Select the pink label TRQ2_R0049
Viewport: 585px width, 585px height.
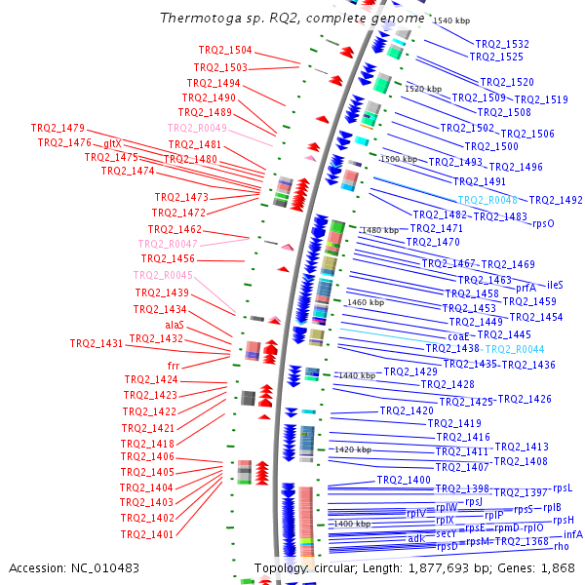[x=197, y=128]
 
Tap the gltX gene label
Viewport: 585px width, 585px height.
[x=112, y=143]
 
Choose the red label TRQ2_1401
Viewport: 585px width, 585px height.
[x=147, y=534]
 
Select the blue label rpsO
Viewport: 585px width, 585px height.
[x=543, y=223]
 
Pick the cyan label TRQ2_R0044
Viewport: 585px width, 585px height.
[x=514, y=349]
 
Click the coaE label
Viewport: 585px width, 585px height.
[x=459, y=336]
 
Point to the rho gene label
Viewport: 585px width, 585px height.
[x=561, y=547]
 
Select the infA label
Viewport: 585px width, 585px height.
[x=573, y=534]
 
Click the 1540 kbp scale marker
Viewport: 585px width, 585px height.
[x=451, y=20]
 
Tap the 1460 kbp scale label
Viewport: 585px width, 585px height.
[x=367, y=303]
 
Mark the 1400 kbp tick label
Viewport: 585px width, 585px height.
[x=352, y=525]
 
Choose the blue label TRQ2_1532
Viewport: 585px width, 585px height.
[x=502, y=44]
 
